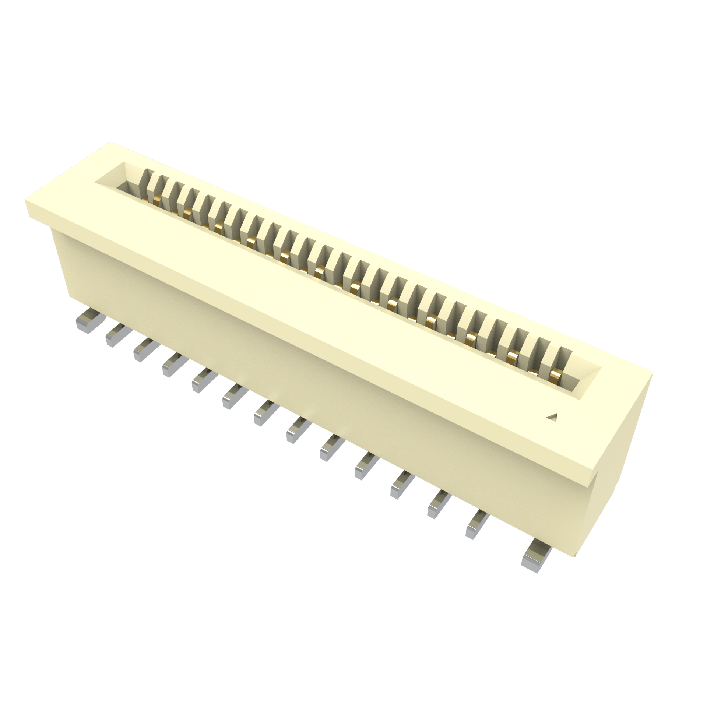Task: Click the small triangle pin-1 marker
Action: pyautogui.click(x=553, y=417)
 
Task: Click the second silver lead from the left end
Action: pyautogui.click(x=118, y=335)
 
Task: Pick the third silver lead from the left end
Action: pyautogui.click(x=146, y=349)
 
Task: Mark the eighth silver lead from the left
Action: pyautogui.click(x=299, y=430)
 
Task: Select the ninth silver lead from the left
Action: pyautogui.click(x=332, y=447)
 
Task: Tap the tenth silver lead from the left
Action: pyautogui.click(x=366, y=465)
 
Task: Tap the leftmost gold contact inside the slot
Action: pyautogui.click(x=157, y=200)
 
